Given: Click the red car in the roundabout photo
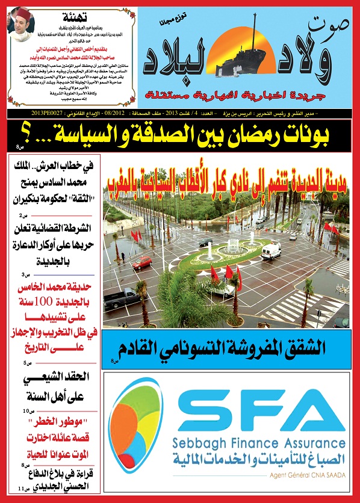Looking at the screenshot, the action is click(x=142, y=262).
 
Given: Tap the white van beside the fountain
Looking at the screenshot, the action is click(x=271, y=250).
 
